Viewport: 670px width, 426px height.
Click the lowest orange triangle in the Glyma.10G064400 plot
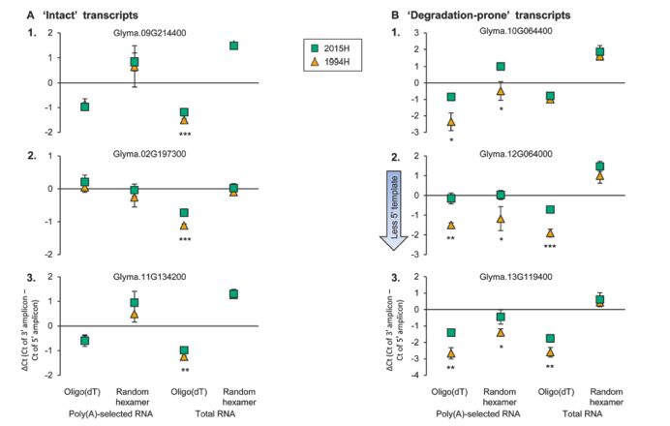pos(450,122)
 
